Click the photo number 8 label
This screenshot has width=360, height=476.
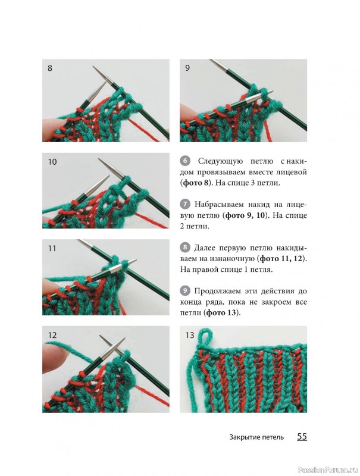[50, 68]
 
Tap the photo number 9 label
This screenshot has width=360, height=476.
[187, 68]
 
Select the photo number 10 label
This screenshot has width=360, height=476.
[52, 162]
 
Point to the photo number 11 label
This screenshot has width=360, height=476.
[52, 248]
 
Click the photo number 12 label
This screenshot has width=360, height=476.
[52, 335]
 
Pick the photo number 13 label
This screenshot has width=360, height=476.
[190, 335]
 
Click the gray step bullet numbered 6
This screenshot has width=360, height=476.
[185, 161]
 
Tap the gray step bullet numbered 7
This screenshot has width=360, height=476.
[185, 204]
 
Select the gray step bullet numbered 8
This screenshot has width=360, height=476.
[185, 248]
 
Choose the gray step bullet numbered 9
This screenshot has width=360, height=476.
[185, 291]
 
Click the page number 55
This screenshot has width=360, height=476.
[302, 437]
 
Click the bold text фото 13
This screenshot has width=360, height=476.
[221, 313]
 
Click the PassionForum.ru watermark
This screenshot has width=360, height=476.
[328, 469]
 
